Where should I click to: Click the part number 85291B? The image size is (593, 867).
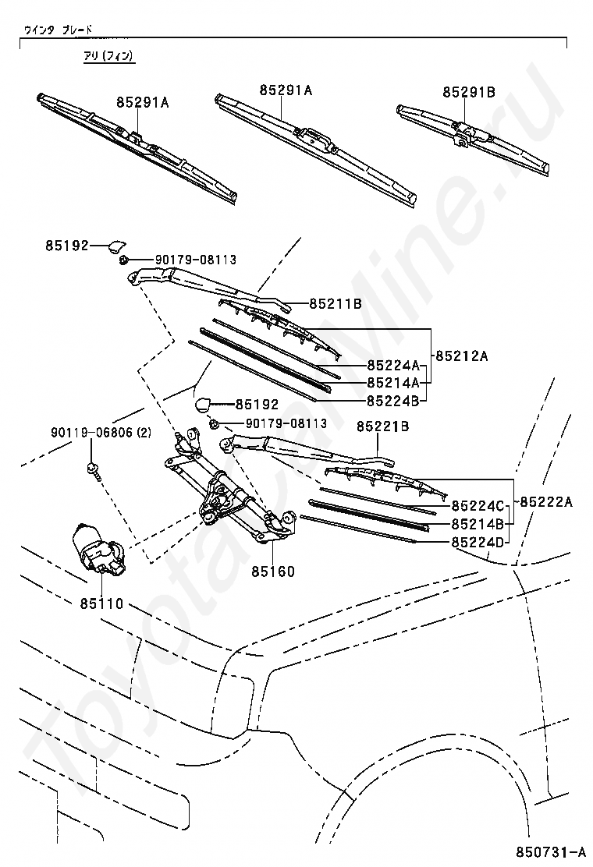pyautogui.click(x=469, y=92)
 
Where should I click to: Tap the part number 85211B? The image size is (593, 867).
pyautogui.click(x=335, y=303)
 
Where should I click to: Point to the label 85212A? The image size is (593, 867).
pyautogui.click(x=461, y=356)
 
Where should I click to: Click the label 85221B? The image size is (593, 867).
pyautogui.click(x=383, y=426)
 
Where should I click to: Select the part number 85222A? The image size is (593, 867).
pyautogui.click(x=546, y=501)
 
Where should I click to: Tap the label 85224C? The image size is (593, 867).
pyautogui.click(x=478, y=506)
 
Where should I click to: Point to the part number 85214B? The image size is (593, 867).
pyautogui.click(x=478, y=523)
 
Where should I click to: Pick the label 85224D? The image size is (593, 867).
pyautogui.click(x=478, y=541)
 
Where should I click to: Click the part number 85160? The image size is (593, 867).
pyautogui.click(x=273, y=572)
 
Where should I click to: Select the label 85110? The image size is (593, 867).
pyautogui.click(x=101, y=603)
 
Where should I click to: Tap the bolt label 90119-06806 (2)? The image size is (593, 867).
pyautogui.click(x=102, y=432)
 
